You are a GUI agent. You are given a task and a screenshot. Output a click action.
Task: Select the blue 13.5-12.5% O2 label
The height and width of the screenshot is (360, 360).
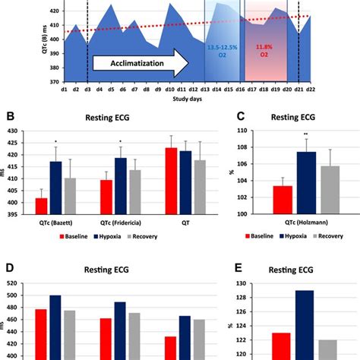click(x=222, y=51)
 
